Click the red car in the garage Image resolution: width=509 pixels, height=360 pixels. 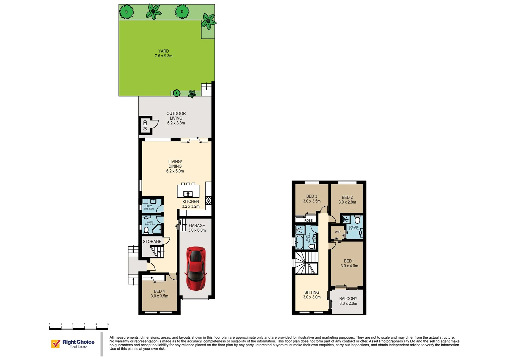tap(196, 268)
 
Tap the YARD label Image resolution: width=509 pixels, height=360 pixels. tap(164, 53)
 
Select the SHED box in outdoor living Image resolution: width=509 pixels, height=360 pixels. tap(145, 125)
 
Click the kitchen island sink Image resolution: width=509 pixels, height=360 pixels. tap(188, 193)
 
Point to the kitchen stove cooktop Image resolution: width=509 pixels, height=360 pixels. tap(209, 200)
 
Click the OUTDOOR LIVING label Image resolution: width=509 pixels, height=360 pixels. tap(176, 118)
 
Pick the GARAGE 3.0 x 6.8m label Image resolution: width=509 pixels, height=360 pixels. tap(197, 228)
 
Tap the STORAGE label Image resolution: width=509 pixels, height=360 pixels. tap(152, 241)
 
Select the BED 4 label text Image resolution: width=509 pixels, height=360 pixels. tap(159, 293)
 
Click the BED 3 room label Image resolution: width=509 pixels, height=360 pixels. tap(312, 199)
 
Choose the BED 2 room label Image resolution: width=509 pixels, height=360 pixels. tap(347, 200)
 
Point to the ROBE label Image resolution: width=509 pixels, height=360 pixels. tap(308, 220)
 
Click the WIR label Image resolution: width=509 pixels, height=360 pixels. tap(338, 232)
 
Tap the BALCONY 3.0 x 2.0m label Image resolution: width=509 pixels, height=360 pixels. tap(348, 301)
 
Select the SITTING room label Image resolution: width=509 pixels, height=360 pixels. tap(312, 295)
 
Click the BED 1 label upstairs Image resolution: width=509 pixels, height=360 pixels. tap(349, 263)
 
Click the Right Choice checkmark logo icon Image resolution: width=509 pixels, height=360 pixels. tap(55, 344)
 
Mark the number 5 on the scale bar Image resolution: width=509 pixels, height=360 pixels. tap(108, 324)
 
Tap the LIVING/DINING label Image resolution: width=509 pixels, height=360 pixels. tap(175, 166)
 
